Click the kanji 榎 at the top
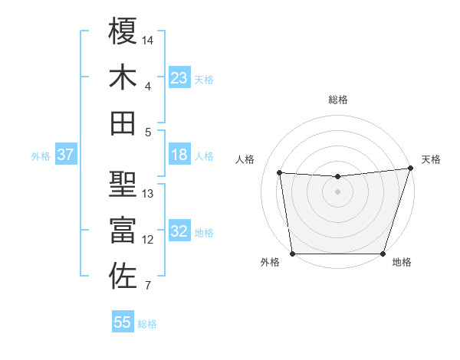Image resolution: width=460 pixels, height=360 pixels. [x=123, y=31]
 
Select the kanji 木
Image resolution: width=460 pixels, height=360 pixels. [x=123, y=77]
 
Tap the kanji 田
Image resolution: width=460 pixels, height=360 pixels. [x=123, y=123]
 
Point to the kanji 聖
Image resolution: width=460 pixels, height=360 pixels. [x=123, y=184]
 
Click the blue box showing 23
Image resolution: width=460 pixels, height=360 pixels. [x=179, y=77]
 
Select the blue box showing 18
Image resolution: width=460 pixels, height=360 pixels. [x=179, y=155]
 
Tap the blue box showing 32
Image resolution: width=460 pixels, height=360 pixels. [x=179, y=231]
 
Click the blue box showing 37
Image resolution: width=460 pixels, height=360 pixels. [x=65, y=155]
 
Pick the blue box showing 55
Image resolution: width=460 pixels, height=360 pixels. [x=123, y=322]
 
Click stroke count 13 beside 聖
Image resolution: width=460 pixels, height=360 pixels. [x=149, y=193]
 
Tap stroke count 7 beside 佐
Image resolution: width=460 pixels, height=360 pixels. [x=147, y=286]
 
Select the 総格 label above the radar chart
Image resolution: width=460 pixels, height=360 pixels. [x=338, y=100]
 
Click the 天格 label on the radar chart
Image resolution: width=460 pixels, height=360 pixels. [x=431, y=159]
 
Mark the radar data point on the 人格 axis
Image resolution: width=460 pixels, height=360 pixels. [x=281, y=173]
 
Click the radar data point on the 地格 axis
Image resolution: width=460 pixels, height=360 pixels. [x=383, y=254]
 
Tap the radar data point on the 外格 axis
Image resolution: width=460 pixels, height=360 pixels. [x=292, y=254]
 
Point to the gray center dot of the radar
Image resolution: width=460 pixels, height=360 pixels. [x=338, y=191]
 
